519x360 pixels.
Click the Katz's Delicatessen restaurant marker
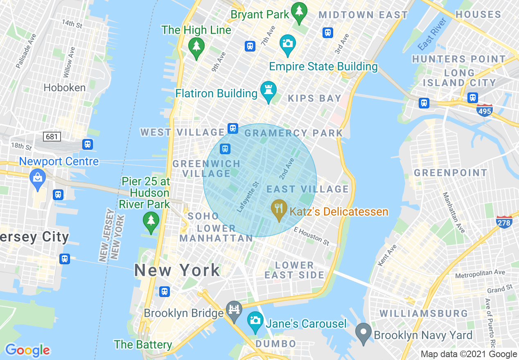(279, 209)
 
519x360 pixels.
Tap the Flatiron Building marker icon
(269, 91)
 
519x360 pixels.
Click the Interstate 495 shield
(485, 110)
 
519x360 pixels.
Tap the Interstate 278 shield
(504, 222)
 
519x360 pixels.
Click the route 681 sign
(52, 136)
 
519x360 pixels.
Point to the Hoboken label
(65, 88)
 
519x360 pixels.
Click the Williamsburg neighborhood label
(424, 313)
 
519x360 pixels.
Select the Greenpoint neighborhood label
(451, 173)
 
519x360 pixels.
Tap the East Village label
(307, 189)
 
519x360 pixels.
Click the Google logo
(27, 350)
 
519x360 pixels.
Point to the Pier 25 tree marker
(151, 222)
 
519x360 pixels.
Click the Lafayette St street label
(248, 197)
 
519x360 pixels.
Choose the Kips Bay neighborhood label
(314, 98)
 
